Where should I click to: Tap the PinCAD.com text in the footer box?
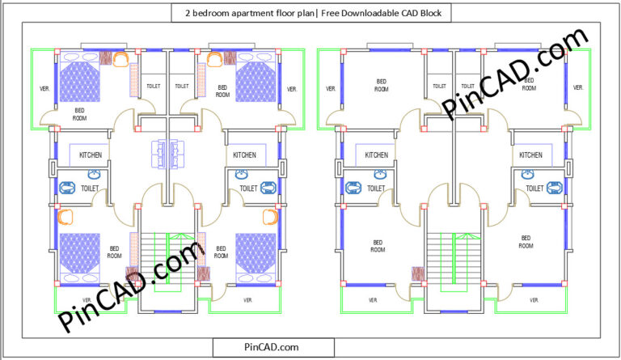[x=272, y=346]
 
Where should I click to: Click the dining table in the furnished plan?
[x=166, y=154]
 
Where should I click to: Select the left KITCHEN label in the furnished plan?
[x=90, y=155]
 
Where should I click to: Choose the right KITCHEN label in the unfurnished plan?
[x=530, y=155]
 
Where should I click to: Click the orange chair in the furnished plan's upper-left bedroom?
[x=120, y=58]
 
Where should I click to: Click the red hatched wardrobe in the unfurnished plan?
[x=418, y=274]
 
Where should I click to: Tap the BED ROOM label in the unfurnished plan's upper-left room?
[x=381, y=85]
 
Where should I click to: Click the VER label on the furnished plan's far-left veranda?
[x=43, y=88]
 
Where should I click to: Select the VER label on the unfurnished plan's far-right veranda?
[x=577, y=88]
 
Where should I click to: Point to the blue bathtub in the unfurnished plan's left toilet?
[x=353, y=188]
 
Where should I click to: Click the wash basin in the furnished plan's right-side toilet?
[x=241, y=173]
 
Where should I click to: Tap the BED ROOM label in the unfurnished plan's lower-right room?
[x=525, y=241]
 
